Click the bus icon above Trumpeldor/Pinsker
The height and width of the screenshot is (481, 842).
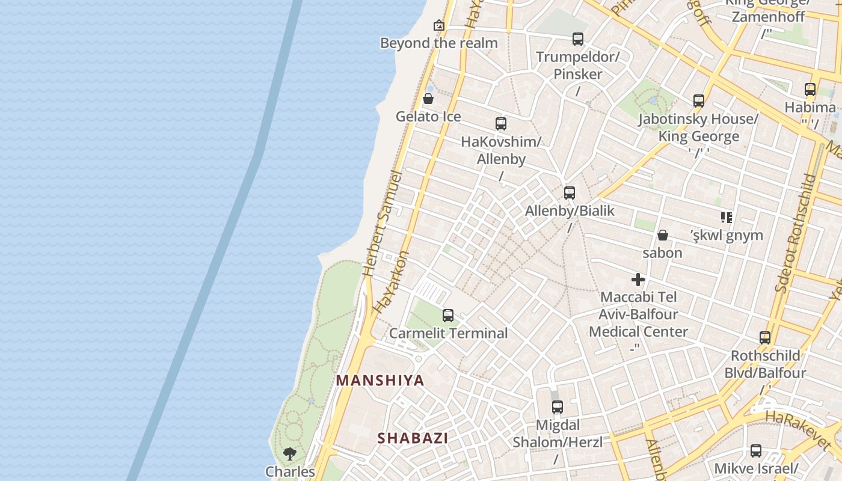(x=578, y=39)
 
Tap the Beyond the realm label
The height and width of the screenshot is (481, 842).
(x=439, y=43)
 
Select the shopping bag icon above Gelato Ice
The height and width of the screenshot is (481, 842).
(x=428, y=99)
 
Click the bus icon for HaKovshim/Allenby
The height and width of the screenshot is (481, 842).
(x=501, y=124)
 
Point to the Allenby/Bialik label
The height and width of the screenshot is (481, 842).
(x=570, y=210)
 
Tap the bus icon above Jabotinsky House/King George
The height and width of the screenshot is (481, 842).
(x=698, y=101)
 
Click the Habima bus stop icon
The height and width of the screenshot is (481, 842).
(x=810, y=90)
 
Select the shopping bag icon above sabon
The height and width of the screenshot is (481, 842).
(x=662, y=235)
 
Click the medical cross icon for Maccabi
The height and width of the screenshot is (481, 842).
(x=638, y=280)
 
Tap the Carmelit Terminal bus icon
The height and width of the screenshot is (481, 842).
(x=448, y=316)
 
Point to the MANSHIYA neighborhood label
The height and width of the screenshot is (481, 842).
(x=380, y=381)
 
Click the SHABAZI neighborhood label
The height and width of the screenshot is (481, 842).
(x=413, y=438)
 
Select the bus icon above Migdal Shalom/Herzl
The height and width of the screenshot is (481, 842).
(x=558, y=407)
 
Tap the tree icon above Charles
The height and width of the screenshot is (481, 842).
(x=290, y=454)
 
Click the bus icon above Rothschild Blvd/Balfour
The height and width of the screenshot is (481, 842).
(x=765, y=338)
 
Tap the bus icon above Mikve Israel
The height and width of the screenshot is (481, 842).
(x=756, y=451)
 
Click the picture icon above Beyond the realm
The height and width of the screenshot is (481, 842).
(x=439, y=25)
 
